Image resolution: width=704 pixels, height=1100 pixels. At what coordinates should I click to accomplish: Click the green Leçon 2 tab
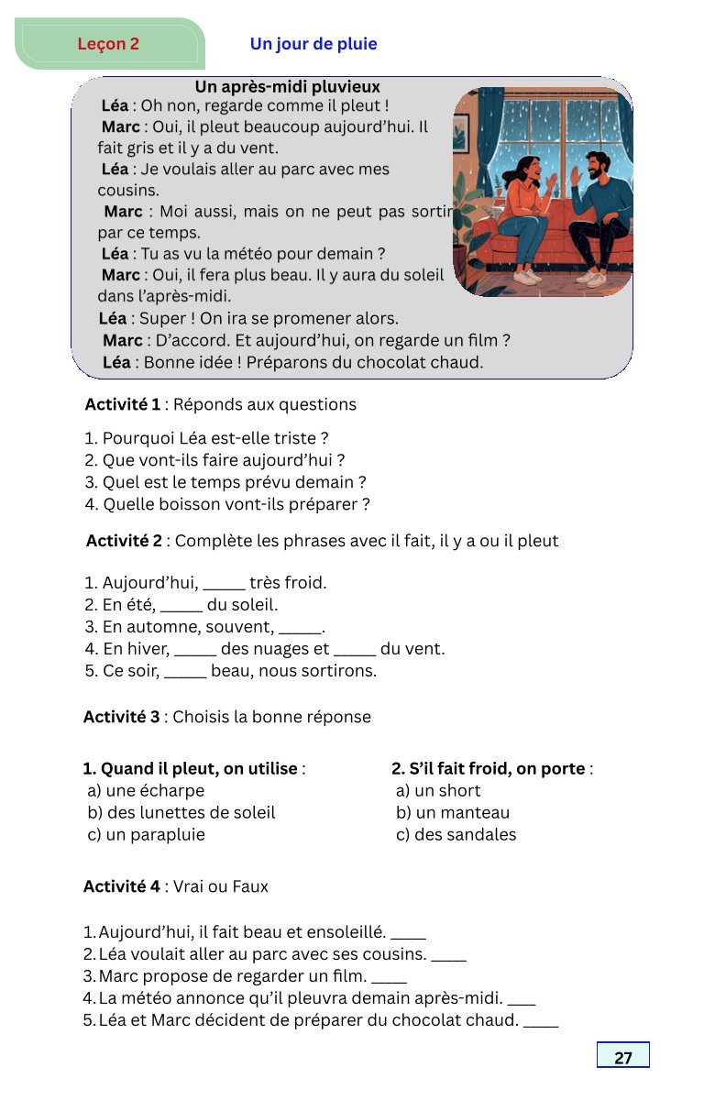[109, 44]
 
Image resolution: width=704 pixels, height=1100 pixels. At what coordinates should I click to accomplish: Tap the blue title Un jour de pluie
[313, 44]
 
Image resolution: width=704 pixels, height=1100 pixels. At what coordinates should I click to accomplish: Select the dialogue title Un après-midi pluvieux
[287, 87]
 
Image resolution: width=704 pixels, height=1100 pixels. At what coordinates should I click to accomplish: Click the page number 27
[623, 1057]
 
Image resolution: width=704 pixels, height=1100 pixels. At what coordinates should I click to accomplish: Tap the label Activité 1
[122, 404]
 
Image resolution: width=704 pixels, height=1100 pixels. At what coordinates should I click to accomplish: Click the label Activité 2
[124, 541]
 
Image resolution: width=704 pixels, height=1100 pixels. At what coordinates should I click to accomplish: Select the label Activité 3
[121, 717]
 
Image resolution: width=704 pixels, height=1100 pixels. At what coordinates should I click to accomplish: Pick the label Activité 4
[121, 886]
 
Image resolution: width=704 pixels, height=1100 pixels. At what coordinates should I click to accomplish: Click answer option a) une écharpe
[146, 790]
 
